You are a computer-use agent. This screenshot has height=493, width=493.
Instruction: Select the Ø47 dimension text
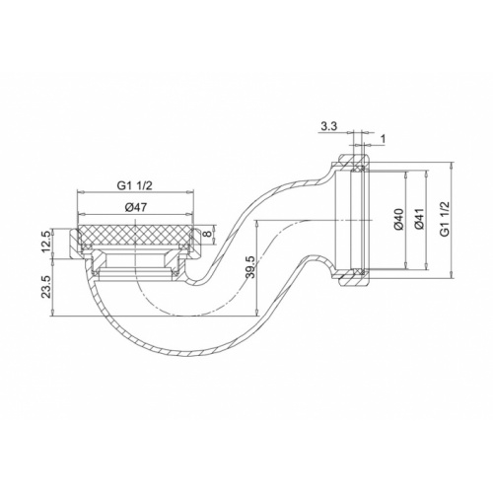tap(139, 208)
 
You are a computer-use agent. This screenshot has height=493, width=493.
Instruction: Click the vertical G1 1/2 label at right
tap(446, 219)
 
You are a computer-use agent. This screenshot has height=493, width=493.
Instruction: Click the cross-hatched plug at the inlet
tap(139, 237)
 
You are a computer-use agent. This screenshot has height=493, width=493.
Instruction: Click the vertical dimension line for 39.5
tap(257, 266)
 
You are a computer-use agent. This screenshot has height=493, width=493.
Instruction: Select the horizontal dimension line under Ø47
tap(139, 216)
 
